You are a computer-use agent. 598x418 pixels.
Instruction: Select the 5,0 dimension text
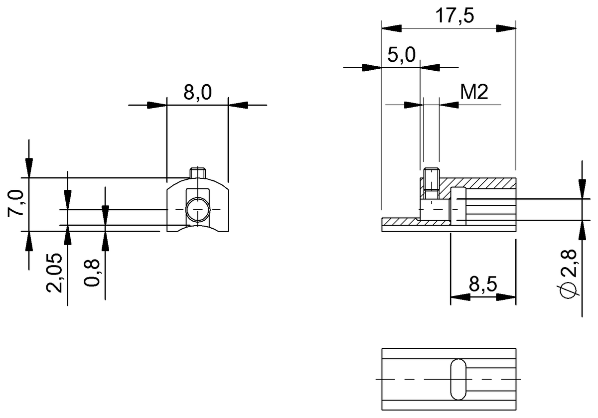401,55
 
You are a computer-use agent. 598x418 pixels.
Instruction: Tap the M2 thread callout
473,92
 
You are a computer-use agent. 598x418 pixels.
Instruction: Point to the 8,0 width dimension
197,93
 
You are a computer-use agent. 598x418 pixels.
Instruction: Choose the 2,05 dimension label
55,273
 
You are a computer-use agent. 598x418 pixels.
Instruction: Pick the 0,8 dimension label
92,275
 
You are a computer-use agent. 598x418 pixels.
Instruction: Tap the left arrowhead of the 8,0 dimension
156,105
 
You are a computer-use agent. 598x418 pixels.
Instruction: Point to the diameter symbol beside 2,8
569,290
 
